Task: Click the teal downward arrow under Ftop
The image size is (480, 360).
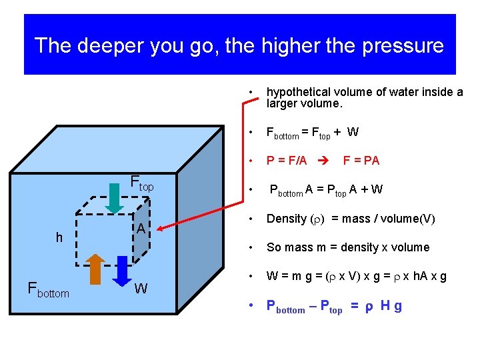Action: (x=115, y=197)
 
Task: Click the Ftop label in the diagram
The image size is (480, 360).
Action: (x=141, y=183)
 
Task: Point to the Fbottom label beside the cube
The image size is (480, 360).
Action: (x=48, y=289)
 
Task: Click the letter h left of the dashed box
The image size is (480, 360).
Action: (x=59, y=237)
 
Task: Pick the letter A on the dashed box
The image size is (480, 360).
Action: (x=141, y=229)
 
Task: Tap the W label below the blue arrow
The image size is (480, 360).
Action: (x=141, y=289)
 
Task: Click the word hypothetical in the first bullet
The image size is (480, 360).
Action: (x=301, y=93)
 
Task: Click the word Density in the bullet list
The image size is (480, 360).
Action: (x=286, y=218)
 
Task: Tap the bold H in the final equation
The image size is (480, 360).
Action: (x=385, y=306)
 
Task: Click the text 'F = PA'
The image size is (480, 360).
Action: (x=361, y=161)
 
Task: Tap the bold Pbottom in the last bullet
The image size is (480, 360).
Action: (x=285, y=307)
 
